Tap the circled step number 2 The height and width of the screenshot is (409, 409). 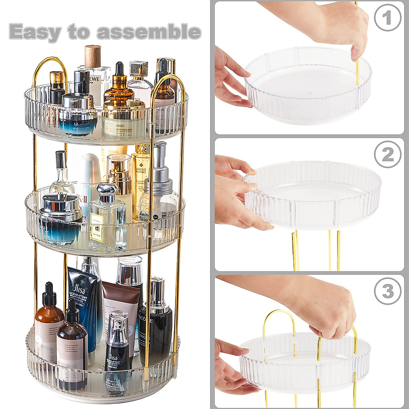click(388, 156)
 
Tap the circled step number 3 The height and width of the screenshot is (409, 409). click(388, 292)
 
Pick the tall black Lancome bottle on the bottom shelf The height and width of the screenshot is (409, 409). click(155, 324)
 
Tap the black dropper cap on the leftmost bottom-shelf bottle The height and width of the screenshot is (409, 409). click(50, 293)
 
